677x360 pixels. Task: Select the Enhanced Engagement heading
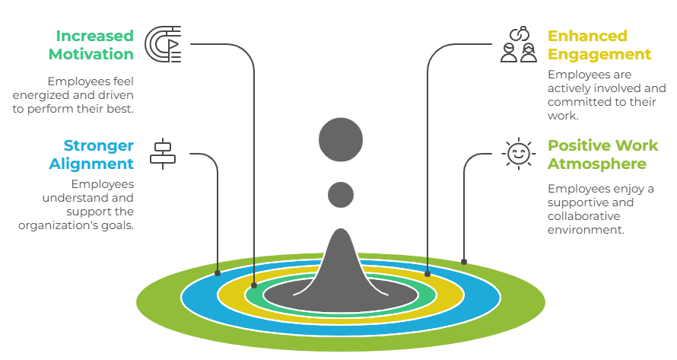click(x=599, y=45)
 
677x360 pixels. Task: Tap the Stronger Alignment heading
click(x=92, y=155)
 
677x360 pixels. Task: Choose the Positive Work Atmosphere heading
click(x=603, y=155)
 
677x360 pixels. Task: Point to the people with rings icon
click(x=519, y=44)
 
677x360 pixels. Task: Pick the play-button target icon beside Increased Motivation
click(x=163, y=44)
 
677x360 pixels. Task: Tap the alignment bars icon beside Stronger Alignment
click(x=162, y=153)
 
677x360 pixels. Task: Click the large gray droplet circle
click(x=341, y=140)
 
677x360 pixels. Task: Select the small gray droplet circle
click(x=341, y=195)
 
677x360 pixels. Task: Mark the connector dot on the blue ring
click(x=218, y=272)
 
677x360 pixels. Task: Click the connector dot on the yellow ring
click(x=427, y=272)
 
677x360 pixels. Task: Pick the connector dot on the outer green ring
click(x=464, y=261)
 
